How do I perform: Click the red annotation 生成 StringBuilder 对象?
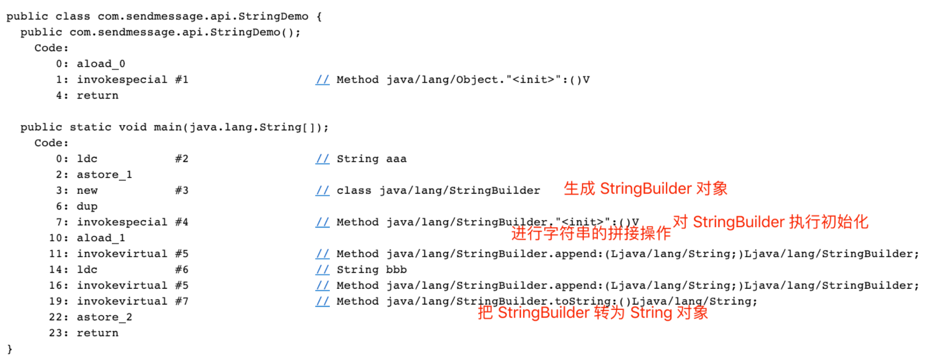pyautogui.click(x=645, y=189)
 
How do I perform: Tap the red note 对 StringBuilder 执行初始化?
pyautogui.click(x=770, y=222)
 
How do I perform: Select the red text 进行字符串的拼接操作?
pyautogui.click(x=591, y=234)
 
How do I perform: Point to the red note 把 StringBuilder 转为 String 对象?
pyautogui.click(x=593, y=313)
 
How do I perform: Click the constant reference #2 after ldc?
pyautogui.click(x=182, y=158)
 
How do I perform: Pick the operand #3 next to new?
pyautogui.click(x=182, y=190)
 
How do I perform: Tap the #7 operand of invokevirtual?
pyautogui.click(x=182, y=301)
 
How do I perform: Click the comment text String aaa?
pyautogui.click(x=371, y=158)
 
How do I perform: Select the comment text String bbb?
pyautogui.click(x=371, y=270)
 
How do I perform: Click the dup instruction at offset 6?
pyautogui.click(x=87, y=206)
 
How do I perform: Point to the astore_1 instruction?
pyautogui.click(x=104, y=175)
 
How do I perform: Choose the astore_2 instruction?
pyautogui.click(x=104, y=317)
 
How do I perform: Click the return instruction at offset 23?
pyautogui.click(x=97, y=333)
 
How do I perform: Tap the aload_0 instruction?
pyautogui.click(x=101, y=63)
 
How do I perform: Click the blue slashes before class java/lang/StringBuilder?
pyautogui.click(x=322, y=190)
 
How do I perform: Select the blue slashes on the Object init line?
pyautogui.click(x=322, y=80)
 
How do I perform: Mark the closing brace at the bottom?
pyautogui.click(x=9, y=349)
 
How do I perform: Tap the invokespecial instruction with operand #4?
pyautogui.click(x=122, y=222)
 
